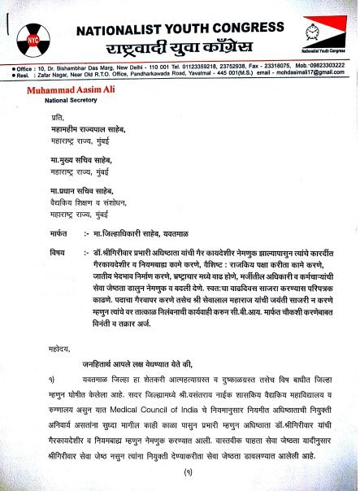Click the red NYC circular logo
click(x=33, y=38)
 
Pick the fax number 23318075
click(x=267, y=63)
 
